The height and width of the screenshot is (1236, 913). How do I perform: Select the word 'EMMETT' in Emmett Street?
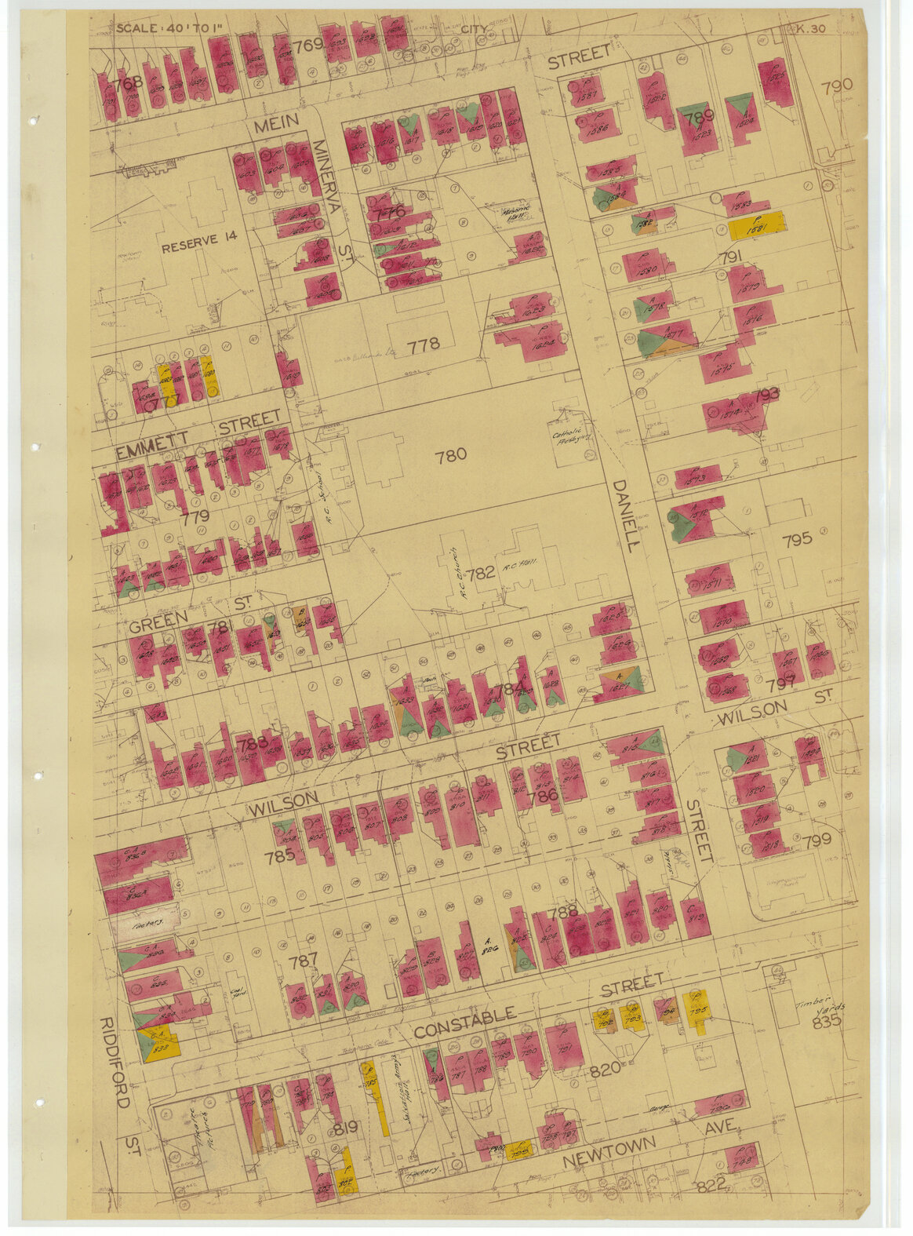click(x=152, y=451)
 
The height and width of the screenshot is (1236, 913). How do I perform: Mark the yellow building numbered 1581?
click(x=757, y=228)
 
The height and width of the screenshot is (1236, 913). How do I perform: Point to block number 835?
click(x=826, y=1023)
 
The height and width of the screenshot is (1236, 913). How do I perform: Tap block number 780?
click(x=451, y=454)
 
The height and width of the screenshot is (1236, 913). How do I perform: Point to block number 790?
click(x=837, y=86)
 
